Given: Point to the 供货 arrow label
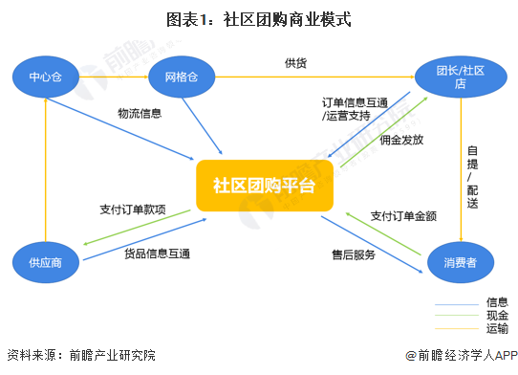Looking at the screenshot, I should [295, 63].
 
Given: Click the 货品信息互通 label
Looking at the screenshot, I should [157, 254].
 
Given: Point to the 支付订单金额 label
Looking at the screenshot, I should [403, 215].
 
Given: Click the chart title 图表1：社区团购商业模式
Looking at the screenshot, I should [258, 18].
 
